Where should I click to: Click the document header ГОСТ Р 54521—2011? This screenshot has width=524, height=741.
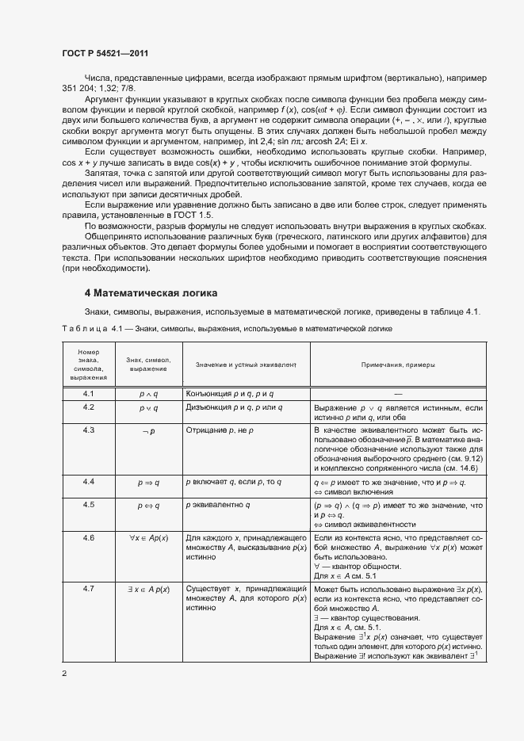pos(105,53)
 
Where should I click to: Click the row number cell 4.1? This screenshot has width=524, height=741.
pos(89,393)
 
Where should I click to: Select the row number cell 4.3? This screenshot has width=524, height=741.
pos(89,430)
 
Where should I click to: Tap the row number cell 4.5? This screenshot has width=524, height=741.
pos(89,504)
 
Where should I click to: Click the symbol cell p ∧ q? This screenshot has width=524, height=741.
pos(148,394)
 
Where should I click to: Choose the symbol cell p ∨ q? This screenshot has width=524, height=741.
pos(148,407)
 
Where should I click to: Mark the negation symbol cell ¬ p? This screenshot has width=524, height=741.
pos(148,430)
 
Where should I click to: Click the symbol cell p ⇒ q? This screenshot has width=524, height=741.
pos(148,482)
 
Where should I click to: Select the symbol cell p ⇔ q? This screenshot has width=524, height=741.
pos(148,505)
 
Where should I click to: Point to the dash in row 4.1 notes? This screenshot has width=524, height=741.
pos(397,394)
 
